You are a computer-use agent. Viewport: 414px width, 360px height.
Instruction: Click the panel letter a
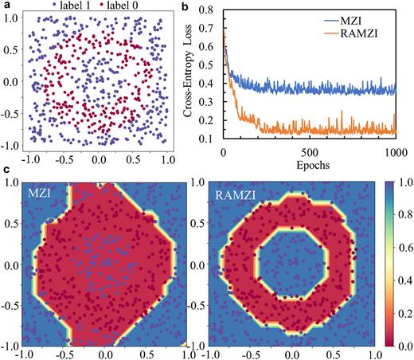tap(7, 6)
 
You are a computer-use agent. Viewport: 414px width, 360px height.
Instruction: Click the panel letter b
tap(187, 6)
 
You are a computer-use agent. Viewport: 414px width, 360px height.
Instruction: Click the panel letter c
tap(7, 170)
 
